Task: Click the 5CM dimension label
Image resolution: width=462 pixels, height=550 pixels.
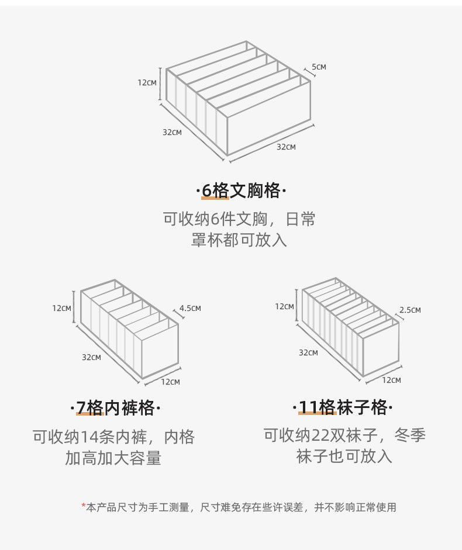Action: pos(319,67)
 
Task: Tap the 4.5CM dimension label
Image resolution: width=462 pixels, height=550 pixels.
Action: pos(190,308)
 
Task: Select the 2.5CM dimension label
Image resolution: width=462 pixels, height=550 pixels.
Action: pos(410,310)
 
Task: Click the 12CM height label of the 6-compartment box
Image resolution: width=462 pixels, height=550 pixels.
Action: pos(147,82)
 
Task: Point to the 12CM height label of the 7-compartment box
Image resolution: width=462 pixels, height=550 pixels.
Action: pos(61,308)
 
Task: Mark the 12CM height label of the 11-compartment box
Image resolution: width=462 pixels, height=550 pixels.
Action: pos(285,306)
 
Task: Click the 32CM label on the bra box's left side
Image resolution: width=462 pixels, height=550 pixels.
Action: pos(172,132)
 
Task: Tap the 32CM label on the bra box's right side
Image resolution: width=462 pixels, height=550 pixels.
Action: pos(286,147)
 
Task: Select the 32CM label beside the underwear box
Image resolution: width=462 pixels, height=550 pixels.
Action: pos(91,357)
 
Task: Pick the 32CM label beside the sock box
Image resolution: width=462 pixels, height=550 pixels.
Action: pos(308,352)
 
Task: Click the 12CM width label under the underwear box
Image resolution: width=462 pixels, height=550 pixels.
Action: pos(170,382)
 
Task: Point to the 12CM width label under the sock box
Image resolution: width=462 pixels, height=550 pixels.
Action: pos(391,380)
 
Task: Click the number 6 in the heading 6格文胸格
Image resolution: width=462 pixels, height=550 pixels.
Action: pos(206,191)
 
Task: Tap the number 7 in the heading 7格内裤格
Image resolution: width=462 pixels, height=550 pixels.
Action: pos(81,407)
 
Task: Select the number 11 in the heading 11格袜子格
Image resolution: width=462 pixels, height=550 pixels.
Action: pos(308,407)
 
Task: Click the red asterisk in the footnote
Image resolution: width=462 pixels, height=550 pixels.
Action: pos(84,506)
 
